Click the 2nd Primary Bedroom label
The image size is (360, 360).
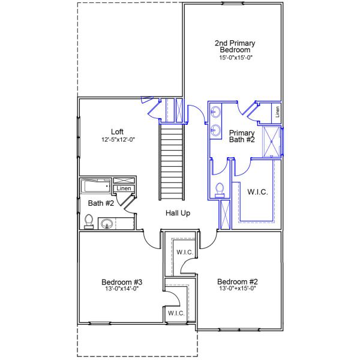pos(235,46)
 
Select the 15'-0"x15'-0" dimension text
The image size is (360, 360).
pos(235,58)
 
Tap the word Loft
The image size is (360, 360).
pos(118,132)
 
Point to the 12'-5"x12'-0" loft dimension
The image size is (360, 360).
pos(118,140)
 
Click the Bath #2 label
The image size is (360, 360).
pos(101,203)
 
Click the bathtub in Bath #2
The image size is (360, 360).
pos(96,185)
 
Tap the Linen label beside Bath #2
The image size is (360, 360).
pos(124,188)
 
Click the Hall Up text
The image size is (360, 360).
pos(178,213)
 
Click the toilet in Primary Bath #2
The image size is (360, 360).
pos(220,189)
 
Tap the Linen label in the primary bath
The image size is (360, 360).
pos(277,111)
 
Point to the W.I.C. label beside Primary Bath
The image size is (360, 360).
pos(257,192)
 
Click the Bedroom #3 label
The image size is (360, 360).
pos(121,281)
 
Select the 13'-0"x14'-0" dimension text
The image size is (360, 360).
pos(121,289)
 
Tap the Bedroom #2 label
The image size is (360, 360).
pos(237,281)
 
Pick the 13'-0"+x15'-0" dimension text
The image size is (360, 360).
pos(237,289)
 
